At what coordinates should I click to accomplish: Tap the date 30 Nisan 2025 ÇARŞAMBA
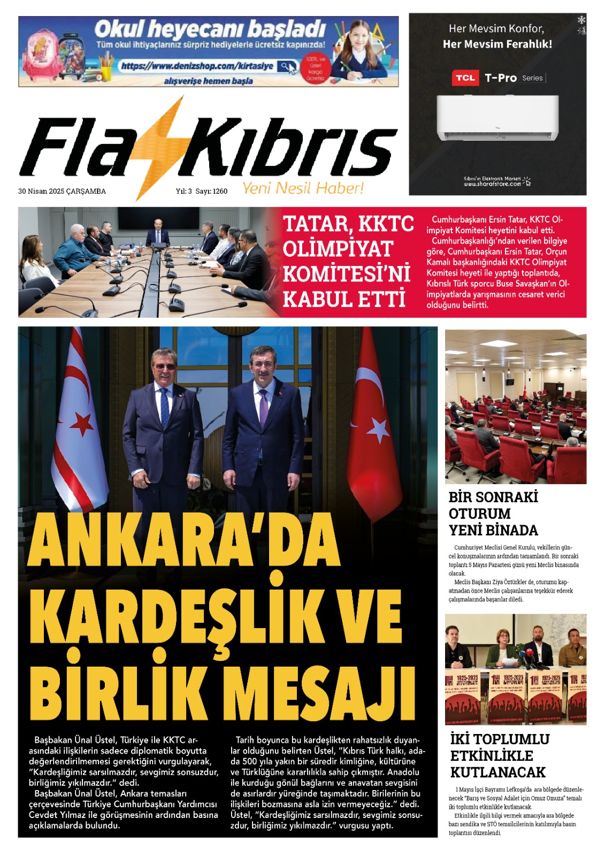pyautogui.click(x=62, y=191)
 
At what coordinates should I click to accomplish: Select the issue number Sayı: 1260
pyautogui.click(x=211, y=191)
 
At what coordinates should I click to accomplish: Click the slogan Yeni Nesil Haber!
pyautogui.click(x=303, y=188)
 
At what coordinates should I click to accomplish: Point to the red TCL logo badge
pyautogui.click(x=465, y=78)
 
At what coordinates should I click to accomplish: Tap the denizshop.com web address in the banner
pyautogui.click(x=197, y=66)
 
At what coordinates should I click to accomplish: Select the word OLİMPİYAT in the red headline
pyautogui.click(x=338, y=249)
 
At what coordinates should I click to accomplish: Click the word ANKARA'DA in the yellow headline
pyautogui.click(x=185, y=540)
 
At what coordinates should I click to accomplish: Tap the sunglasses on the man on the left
pyautogui.click(x=164, y=366)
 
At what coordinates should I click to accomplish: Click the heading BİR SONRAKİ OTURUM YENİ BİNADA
pyautogui.click(x=493, y=514)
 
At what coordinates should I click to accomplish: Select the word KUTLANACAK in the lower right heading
pyautogui.click(x=497, y=772)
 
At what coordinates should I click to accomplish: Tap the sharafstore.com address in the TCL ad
pyautogui.click(x=492, y=184)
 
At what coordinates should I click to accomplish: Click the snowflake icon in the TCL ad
pyautogui.click(x=581, y=20)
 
